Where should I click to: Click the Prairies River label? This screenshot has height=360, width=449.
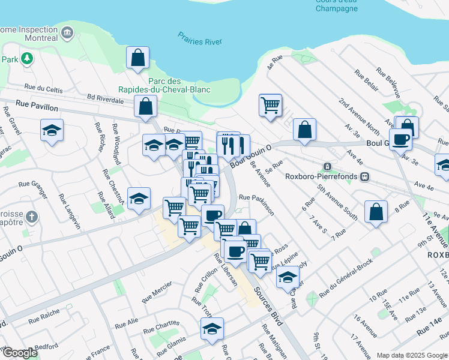click(200, 39)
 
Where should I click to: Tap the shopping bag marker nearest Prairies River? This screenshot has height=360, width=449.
click(138, 58)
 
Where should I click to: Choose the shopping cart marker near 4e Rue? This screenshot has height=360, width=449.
click(270, 105)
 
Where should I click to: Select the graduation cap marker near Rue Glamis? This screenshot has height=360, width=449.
click(211, 329)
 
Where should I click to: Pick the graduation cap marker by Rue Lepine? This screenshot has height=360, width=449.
click(288, 277)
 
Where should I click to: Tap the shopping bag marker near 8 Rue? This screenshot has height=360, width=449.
click(376, 213)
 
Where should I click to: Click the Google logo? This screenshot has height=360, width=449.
click(19, 353)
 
